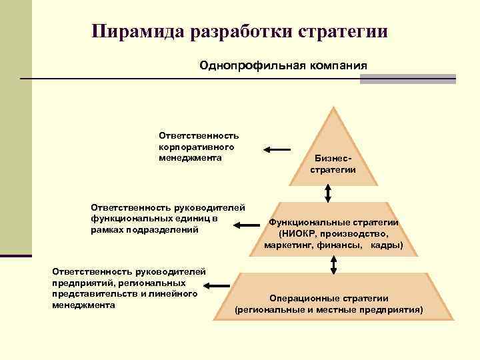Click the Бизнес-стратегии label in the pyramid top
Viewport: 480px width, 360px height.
coord(333,165)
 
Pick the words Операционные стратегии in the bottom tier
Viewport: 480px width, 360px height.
coord(329,298)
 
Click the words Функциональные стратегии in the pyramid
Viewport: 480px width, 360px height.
coord(333,223)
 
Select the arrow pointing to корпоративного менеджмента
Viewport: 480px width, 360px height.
coord(277,149)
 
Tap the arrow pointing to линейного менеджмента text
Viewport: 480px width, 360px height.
coord(216,286)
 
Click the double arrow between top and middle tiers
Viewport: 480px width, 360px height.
coord(328,192)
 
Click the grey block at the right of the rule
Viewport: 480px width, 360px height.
coord(407,79)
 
